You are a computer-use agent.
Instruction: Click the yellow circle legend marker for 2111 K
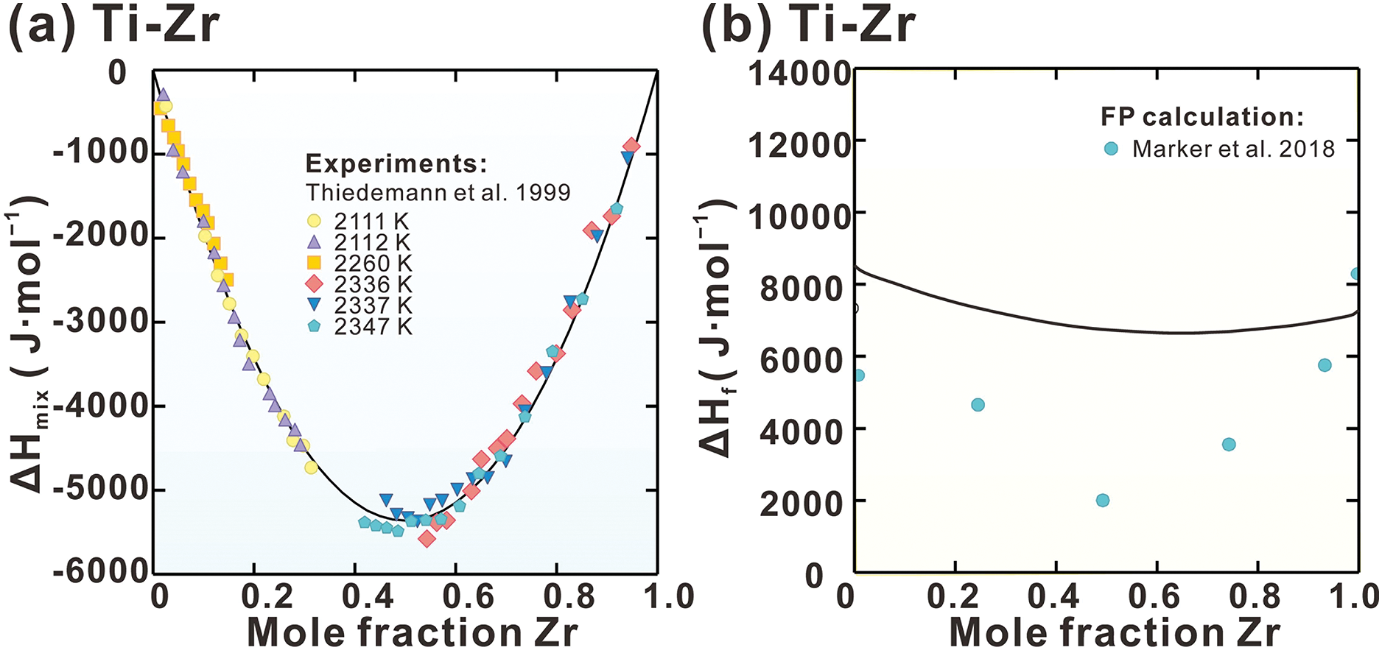coord(315,220)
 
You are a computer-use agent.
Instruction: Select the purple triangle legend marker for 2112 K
coord(315,241)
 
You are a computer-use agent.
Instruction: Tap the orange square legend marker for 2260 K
coord(315,263)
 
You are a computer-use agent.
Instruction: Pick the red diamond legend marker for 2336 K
coord(315,284)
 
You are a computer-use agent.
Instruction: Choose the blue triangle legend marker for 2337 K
coord(315,305)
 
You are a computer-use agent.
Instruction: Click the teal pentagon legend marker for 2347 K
coord(315,326)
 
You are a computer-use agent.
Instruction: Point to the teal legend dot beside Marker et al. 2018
coord(1111,149)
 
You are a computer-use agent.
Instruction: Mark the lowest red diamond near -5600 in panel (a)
coord(427,540)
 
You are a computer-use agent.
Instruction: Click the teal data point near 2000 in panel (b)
coord(1103,501)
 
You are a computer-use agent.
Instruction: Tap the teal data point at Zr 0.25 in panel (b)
coord(978,405)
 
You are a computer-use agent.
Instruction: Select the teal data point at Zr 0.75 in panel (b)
coord(1229,445)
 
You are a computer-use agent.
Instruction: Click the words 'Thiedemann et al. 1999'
coord(438,193)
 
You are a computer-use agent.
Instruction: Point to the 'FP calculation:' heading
coord(1202,117)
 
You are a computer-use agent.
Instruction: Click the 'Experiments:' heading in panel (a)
coord(396,163)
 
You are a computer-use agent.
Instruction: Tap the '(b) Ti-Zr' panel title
coord(807,26)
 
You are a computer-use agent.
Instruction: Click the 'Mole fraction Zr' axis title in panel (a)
coord(413,632)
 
